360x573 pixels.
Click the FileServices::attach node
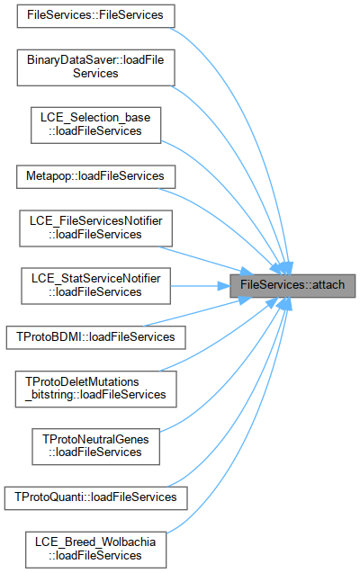pos(292,285)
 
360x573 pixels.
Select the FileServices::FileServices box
pos(95,15)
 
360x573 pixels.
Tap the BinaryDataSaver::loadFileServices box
pos(95,67)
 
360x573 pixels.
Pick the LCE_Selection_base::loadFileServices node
pos(95,125)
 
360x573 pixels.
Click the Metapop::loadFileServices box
pos(95,177)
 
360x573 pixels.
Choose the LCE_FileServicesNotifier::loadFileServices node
pos(95,228)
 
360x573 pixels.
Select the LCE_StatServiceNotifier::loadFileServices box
pos(95,286)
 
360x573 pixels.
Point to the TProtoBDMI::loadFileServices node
pos(95,337)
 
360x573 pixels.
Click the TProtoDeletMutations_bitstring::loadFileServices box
pos(95,389)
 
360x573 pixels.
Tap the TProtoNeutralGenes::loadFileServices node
pos(95,446)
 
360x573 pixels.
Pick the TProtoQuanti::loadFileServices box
pos(95,498)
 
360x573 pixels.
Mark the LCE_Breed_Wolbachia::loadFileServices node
pos(95,550)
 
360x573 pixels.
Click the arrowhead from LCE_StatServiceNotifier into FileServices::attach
pos(224,286)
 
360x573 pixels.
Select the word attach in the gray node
pos(328,284)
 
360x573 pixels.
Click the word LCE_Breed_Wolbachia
pos(95,542)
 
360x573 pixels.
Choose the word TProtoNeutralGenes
pos(95,439)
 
